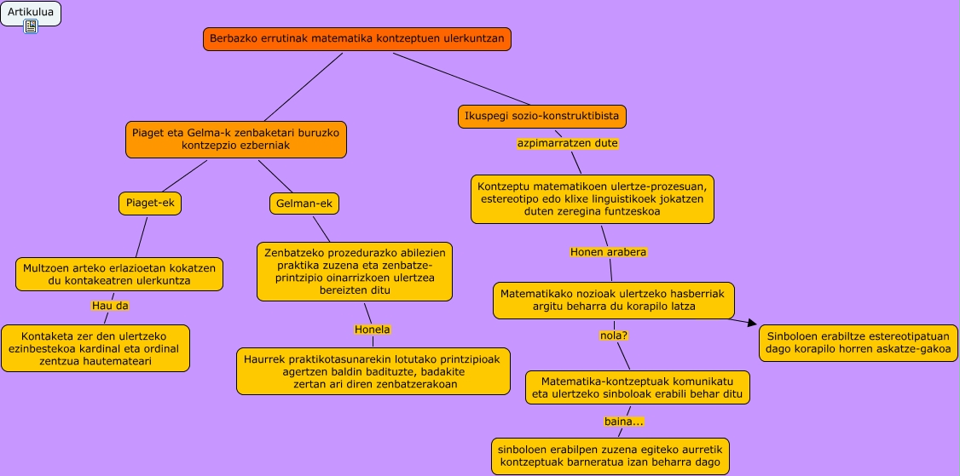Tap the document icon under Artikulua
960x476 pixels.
tap(31, 26)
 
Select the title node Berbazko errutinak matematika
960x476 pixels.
tap(357, 39)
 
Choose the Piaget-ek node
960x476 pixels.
tap(150, 204)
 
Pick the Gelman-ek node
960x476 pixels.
tap(304, 204)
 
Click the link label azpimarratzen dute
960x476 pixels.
tap(567, 143)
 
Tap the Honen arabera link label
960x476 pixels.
tap(609, 252)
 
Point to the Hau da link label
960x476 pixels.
tap(110, 305)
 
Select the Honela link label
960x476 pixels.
tap(372, 329)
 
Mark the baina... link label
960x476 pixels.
tap(623, 422)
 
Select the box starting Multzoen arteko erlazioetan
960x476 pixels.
tap(119, 273)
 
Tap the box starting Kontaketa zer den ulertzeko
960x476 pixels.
tap(95, 348)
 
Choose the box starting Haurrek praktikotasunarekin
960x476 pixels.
tap(373, 371)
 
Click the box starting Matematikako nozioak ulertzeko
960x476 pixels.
tap(613, 300)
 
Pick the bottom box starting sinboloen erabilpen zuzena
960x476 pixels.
tap(610, 456)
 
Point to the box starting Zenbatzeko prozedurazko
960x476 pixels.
tap(355, 272)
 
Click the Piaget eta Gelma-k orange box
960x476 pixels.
tap(236, 140)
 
